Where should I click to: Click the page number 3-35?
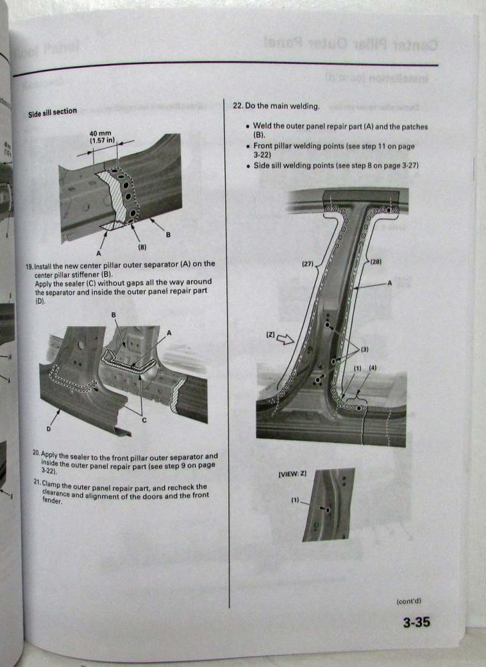(x=415, y=623)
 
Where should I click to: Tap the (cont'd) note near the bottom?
(x=409, y=600)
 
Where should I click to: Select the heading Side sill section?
(x=52, y=112)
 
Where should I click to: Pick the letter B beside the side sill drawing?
(x=168, y=234)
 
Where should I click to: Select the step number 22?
(x=237, y=105)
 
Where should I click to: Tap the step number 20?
(x=36, y=454)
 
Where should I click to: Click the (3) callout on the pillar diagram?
(x=364, y=350)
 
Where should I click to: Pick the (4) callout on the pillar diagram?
(x=372, y=368)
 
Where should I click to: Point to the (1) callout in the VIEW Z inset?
(x=295, y=500)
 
